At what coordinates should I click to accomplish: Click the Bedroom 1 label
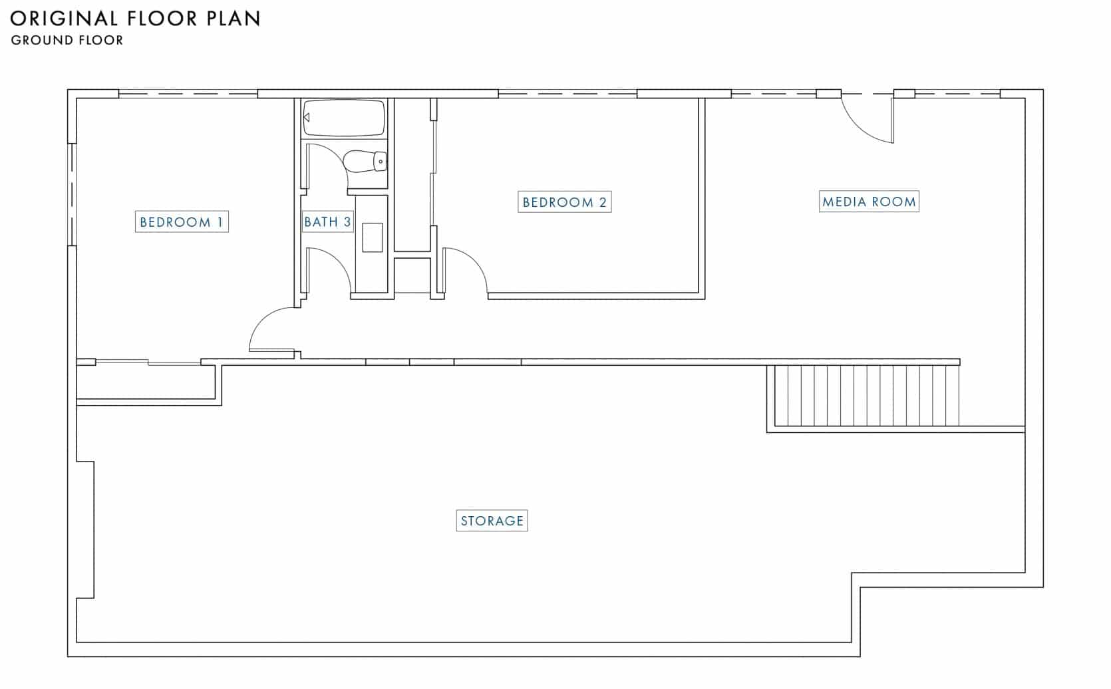coord(182,221)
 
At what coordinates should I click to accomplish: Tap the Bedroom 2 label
coord(564,202)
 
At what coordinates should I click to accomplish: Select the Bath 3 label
coord(327,221)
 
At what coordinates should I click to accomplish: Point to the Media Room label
coord(869,202)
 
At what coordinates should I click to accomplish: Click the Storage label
coord(492,521)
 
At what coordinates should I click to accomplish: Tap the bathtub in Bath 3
coord(344,118)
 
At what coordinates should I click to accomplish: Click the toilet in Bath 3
coord(365,161)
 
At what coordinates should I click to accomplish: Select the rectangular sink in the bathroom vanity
coord(373,237)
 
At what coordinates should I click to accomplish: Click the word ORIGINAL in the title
coord(65,19)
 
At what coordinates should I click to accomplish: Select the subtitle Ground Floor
coord(67,40)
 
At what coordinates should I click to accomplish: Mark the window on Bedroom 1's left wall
coord(72,194)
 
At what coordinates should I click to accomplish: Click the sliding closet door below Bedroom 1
coord(148,362)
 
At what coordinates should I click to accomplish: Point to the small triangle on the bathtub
coord(307,118)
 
